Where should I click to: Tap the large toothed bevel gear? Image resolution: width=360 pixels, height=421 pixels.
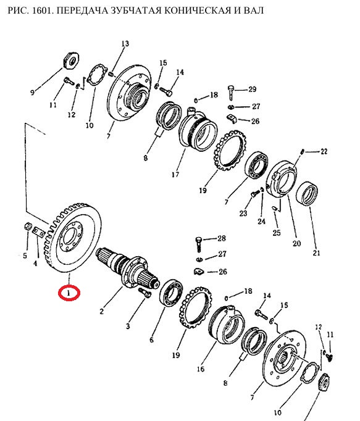pyautogui.click(x=72, y=238)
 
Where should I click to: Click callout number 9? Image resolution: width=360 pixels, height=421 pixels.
pyautogui.click(x=32, y=93)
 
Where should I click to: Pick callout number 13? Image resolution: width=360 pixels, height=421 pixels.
pyautogui.click(x=125, y=43)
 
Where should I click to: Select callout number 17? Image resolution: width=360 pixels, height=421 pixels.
pyautogui.click(x=175, y=175)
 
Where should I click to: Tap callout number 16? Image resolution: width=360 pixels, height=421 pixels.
pyautogui.click(x=201, y=369)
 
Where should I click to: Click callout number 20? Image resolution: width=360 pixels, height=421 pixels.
pyautogui.click(x=296, y=243)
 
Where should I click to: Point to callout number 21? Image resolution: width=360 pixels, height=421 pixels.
pyautogui.click(x=317, y=252)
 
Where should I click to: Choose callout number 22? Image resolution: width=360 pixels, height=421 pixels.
pyautogui.click(x=324, y=151)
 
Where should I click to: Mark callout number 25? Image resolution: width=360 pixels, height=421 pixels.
pyautogui.click(x=277, y=233)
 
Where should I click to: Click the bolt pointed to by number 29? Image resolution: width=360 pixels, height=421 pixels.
pyautogui.click(x=231, y=92)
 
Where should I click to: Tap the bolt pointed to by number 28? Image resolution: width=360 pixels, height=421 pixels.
pyautogui.click(x=198, y=244)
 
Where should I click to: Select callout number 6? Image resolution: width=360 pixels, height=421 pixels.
pyautogui.click(x=151, y=340)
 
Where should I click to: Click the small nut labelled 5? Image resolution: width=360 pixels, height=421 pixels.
pyautogui.click(x=27, y=227)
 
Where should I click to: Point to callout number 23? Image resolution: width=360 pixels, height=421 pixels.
pyautogui.click(x=243, y=214)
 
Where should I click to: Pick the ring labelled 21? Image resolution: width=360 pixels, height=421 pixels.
pyautogui.click(x=307, y=194)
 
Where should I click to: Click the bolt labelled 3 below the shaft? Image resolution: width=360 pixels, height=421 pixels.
pyautogui.click(x=145, y=293)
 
